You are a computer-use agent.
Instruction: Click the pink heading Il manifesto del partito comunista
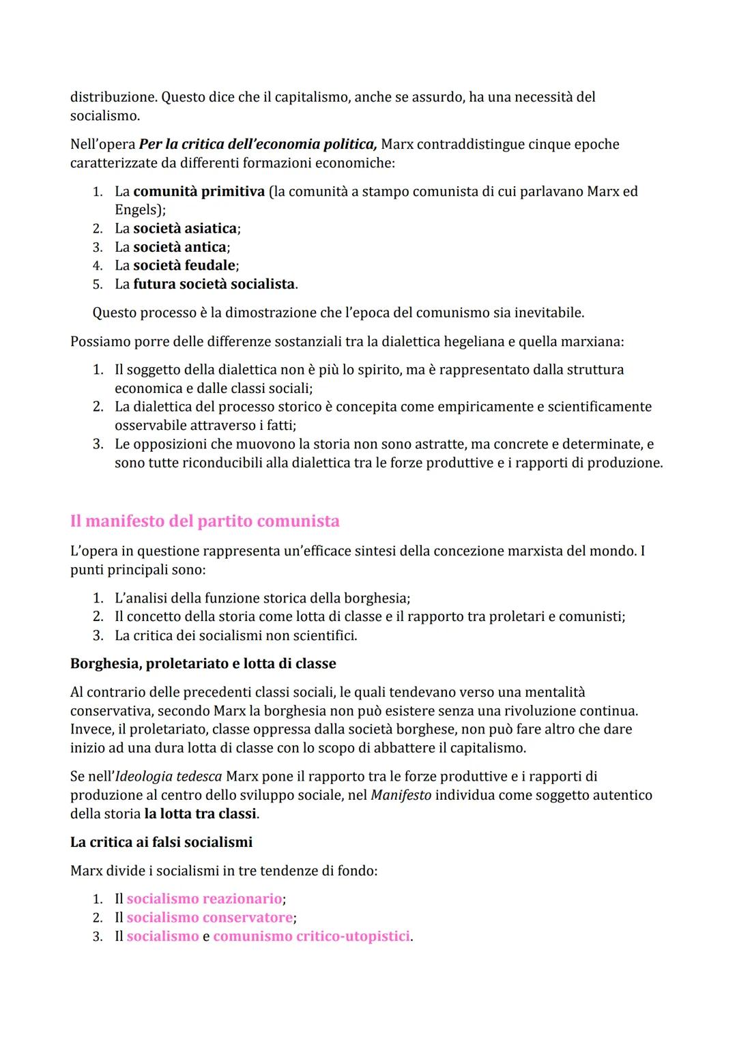205,521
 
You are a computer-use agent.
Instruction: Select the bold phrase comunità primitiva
199,192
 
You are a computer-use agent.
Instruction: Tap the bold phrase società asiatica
185,229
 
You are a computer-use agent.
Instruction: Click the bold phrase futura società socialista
214,284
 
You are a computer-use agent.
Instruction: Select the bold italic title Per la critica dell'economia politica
258,145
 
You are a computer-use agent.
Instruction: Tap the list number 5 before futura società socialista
98,285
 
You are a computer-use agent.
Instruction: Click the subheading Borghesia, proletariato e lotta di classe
203,663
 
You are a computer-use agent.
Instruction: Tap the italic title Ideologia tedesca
169,777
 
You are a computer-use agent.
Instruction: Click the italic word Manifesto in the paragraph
401,796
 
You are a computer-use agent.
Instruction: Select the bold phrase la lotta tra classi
201,814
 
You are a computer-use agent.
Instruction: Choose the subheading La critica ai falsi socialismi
161,842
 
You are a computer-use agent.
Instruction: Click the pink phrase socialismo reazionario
204,899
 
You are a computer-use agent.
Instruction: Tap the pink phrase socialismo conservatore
209,918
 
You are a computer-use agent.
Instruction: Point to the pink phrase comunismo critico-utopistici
312,936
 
